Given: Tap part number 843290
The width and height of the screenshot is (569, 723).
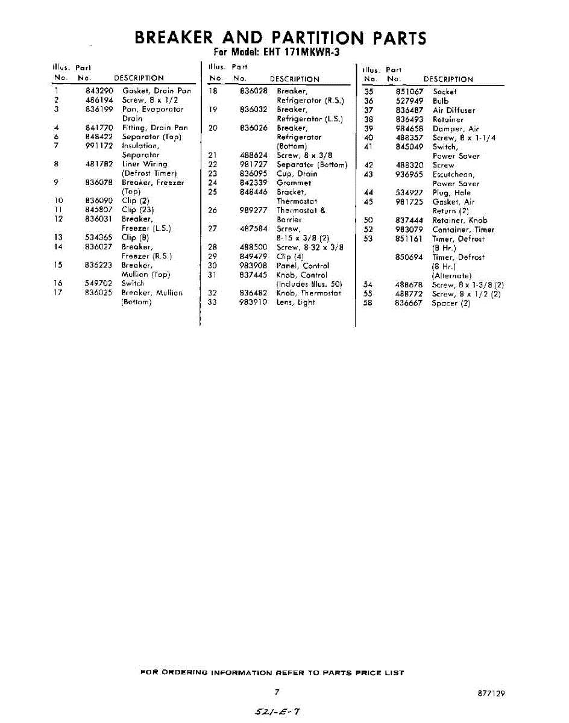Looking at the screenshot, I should pos(99,91).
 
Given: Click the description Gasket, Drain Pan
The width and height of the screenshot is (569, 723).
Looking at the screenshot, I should pos(156,91).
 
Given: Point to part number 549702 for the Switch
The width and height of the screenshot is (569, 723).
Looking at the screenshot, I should pos(99,283).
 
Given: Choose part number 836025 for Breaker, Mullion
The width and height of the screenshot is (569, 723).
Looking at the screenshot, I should pos(99,293).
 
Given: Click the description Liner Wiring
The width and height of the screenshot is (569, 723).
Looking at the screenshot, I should pos(145,164).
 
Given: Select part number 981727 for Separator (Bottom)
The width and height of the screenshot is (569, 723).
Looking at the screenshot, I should pos(253,164).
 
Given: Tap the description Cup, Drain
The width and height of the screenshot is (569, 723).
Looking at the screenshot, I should pos(297,174).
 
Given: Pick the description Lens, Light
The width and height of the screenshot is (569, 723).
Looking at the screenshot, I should pos(295,302).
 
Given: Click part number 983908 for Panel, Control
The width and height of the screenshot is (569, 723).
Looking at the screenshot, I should pos(253,266).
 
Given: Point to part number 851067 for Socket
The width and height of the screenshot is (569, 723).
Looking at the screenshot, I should pos(409,92).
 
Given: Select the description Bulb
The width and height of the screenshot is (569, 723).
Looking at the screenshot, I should pos(441,101).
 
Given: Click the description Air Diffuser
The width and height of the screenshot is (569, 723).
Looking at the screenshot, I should pos(454,110).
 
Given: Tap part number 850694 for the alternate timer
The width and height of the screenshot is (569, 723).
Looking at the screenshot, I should pos(409,257).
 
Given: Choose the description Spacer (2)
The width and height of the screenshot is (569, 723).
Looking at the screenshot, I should pos(451,303).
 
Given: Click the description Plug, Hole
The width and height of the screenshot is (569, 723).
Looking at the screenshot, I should pos(451,193).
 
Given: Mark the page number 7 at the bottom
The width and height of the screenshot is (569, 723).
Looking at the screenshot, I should pos(277,692).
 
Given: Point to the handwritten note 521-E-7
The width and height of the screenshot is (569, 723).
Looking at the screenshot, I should pos(277,712).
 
